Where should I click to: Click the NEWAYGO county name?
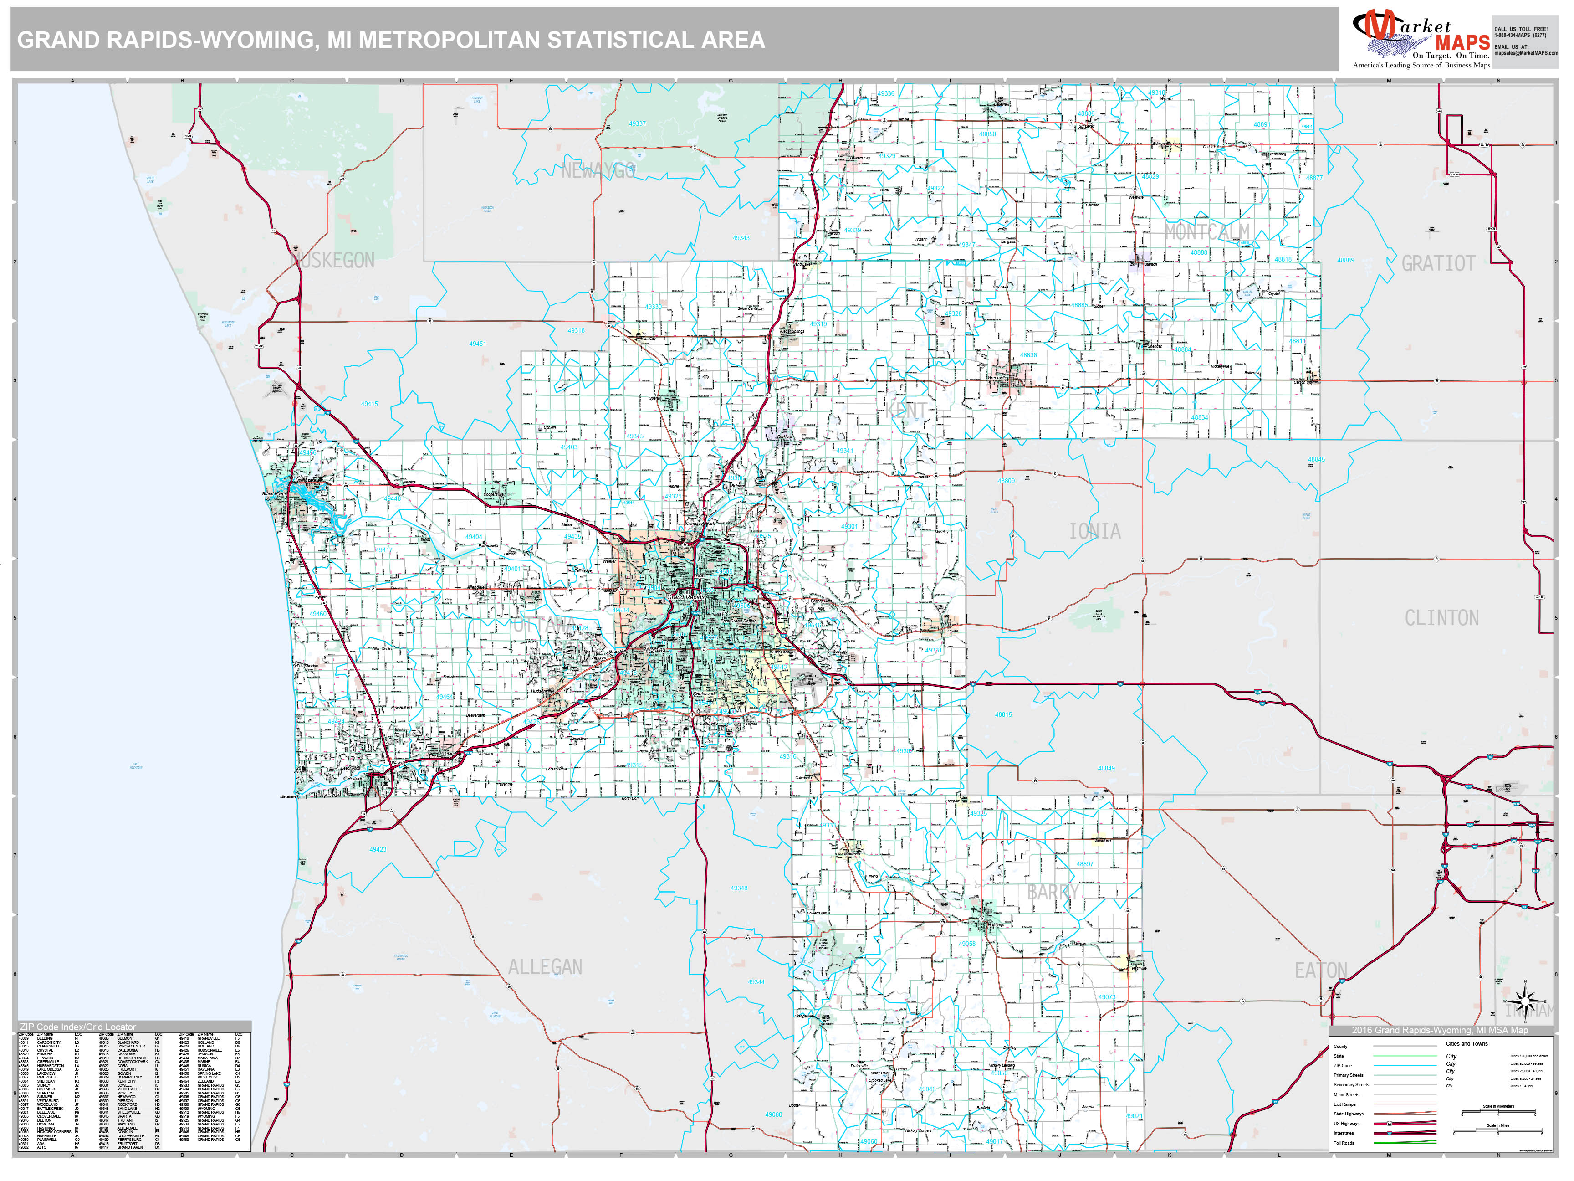click(598, 171)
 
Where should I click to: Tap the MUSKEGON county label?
click(332, 261)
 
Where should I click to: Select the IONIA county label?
click(1094, 531)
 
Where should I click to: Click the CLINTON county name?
click(1441, 618)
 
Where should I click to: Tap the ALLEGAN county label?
click(545, 967)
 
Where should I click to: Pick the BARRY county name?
click(1053, 892)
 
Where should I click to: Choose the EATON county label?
click(1321, 970)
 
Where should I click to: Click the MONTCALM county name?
click(1207, 231)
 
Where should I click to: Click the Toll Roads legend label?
click(1344, 1143)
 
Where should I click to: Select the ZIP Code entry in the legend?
click(1342, 1066)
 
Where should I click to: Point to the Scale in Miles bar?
click(1498, 1131)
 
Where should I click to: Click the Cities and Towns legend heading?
click(1467, 1043)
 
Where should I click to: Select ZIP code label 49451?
click(477, 344)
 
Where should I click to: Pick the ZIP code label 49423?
click(378, 849)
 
